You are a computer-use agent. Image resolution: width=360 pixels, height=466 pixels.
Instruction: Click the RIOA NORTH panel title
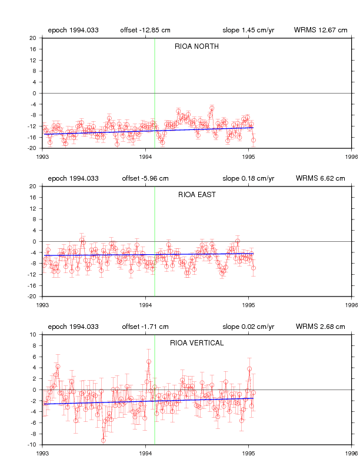point(196,46)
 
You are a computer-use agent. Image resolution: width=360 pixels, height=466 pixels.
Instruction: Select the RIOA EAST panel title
point(197,195)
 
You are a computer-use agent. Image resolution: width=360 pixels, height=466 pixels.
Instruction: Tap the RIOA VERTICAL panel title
point(197,343)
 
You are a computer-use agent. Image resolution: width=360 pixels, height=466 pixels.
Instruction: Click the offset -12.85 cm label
point(145,30)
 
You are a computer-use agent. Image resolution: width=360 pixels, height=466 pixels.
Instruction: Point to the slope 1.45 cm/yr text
point(248,30)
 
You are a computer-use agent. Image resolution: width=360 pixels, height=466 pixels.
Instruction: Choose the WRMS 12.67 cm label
point(321,30)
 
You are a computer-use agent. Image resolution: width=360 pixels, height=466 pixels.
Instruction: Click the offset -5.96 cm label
point(145,178)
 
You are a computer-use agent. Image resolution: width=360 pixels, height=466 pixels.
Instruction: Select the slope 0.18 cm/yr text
point(248,178)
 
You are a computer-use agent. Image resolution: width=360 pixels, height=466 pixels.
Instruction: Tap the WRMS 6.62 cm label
point(321,178)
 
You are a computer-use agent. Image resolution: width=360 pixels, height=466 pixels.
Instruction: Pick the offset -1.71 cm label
point(145,327)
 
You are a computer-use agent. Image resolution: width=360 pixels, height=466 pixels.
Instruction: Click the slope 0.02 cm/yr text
point(248,327)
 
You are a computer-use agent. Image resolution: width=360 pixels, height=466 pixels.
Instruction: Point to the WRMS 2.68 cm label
point(321,327)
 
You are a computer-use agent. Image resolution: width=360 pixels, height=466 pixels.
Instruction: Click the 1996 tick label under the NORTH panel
point(352,157)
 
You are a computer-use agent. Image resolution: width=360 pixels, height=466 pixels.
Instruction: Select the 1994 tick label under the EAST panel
point(145,305)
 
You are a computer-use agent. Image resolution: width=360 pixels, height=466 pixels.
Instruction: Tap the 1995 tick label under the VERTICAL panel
point(249,453)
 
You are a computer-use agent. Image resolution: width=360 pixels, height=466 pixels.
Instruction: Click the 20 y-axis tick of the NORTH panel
point(33,38)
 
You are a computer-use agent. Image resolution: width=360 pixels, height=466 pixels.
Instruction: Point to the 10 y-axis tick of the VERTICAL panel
point(33,335)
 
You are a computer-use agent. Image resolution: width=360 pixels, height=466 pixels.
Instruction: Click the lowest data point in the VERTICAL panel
point(103,441)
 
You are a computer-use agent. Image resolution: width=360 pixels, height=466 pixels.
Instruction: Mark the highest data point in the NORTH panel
point(212,108)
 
